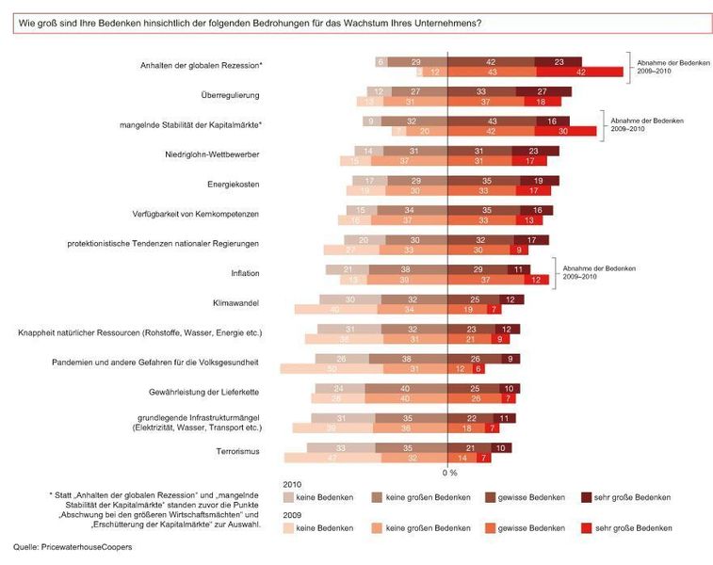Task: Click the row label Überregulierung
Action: pos(230,95)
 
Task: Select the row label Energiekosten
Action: pos(233,184)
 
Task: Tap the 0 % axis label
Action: pos(449,472)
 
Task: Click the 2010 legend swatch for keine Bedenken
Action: pos(287,496)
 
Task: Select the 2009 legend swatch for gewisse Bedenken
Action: pos(491,527)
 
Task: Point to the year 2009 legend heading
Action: pos(292,514)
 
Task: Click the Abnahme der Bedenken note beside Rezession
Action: pos(670,66)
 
